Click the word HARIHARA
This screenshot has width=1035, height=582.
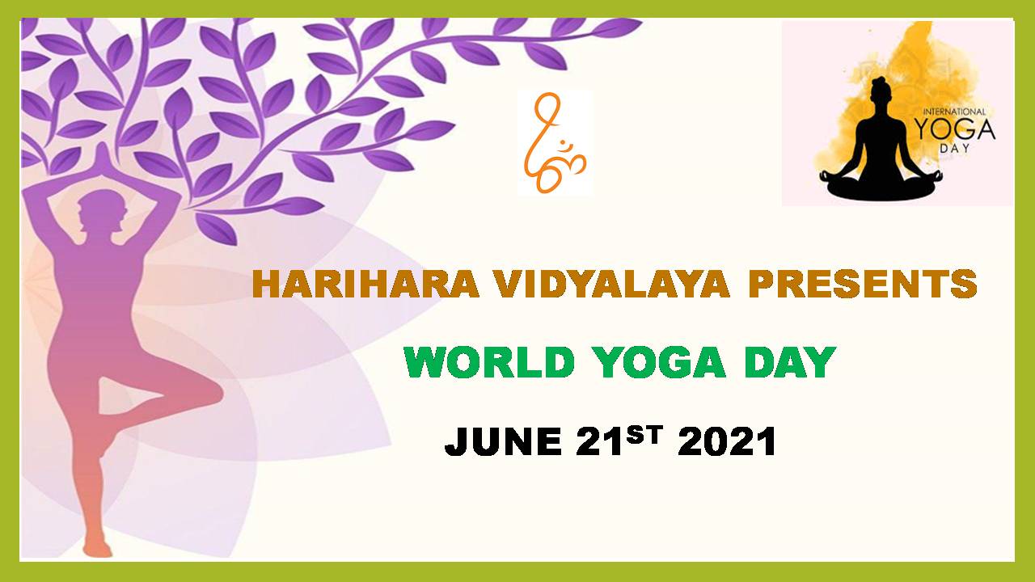365,284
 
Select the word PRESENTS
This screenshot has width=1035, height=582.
862,284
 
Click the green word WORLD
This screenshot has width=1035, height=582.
489,362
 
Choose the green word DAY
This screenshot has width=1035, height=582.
790,362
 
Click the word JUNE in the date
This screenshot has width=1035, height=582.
503,442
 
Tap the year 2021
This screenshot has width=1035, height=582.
727,442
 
